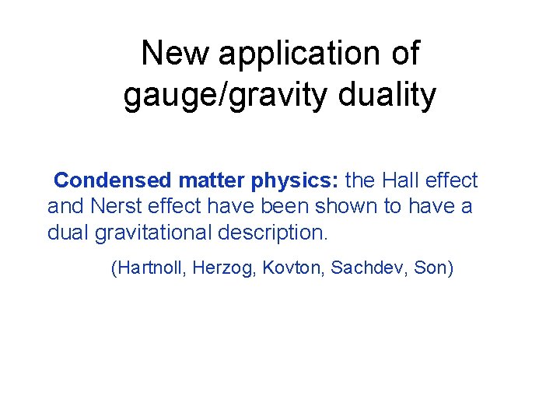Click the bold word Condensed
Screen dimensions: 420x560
tap(112, 180)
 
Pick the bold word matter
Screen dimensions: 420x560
tap(212, 180)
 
